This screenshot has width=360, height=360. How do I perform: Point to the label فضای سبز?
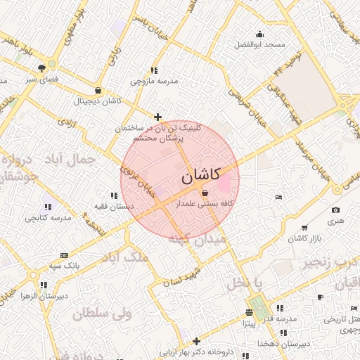[40, 79]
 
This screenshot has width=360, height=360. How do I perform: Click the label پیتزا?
[248, 323]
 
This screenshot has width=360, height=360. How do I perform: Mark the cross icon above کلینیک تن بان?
[157, 117]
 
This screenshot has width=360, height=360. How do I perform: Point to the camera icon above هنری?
[335, 210]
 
